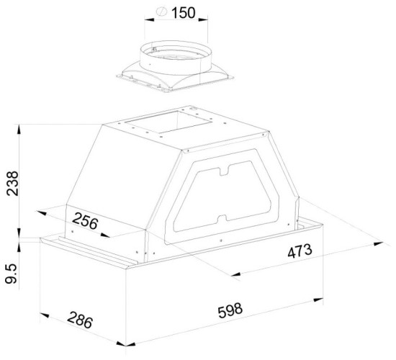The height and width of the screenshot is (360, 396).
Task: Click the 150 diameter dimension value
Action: (x=184, y=13)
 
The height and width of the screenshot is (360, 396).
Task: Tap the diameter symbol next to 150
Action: (x=161, y=12)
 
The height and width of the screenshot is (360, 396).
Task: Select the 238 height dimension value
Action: (x=13, y=183)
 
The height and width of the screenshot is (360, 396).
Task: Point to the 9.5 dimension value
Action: (x=12, y=274)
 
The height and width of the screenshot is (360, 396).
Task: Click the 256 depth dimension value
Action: (x=85, y=221)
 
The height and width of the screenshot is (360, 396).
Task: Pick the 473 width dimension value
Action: (x=300, y=251)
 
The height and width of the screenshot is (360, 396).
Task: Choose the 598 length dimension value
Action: (x=230, y=310)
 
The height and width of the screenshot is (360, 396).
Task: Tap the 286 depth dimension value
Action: (x=80, y=320)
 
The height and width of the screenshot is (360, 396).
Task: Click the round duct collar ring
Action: (x=176, y=58)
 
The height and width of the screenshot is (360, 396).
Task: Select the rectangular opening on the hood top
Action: (x=168, y=122)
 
